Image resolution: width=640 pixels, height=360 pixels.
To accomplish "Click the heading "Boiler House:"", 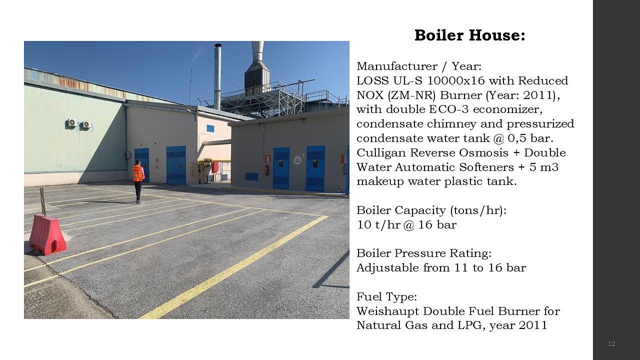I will (469, 35).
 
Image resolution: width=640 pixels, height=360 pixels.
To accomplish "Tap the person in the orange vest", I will (138, 179).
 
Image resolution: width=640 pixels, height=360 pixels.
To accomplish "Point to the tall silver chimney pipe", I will (217, 75).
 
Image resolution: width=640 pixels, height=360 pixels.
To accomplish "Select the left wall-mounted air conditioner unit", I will (71, 122).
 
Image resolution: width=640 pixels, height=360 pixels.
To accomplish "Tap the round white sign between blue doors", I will (297, 160).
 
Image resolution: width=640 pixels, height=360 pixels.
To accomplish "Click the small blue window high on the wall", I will (210, 128).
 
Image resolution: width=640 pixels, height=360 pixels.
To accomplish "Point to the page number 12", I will (611, 343).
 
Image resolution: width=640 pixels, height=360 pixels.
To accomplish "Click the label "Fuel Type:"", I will (386, 296).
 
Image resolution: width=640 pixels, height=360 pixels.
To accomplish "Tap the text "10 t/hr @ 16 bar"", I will (406, 224).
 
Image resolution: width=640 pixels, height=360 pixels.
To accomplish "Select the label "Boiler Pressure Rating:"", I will (424, 253).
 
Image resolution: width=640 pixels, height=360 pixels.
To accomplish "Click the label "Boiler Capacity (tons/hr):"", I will (431, 210).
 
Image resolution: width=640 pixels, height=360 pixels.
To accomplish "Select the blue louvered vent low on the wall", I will (251, 176).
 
